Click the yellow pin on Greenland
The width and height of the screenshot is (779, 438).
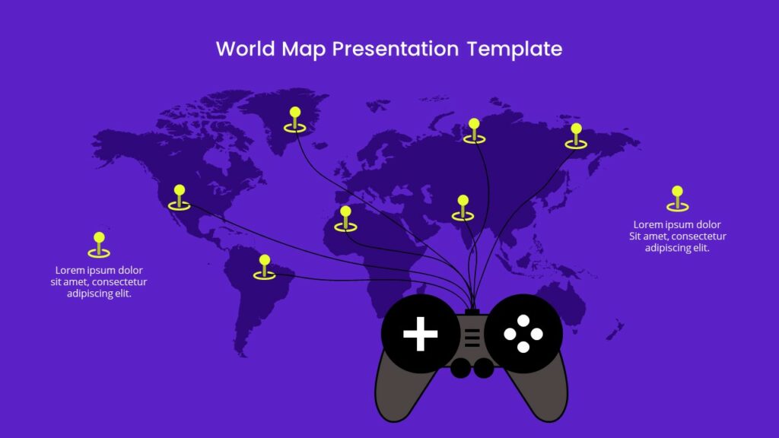[x=295, y=120]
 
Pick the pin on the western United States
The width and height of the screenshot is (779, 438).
[x=180, y=197]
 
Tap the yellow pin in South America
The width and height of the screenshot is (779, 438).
[x=265, y=267]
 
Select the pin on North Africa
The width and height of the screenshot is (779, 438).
[x=346, y=218]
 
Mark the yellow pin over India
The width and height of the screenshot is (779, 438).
[x=463, y=208]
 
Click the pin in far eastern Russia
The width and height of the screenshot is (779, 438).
[x=576, y=136]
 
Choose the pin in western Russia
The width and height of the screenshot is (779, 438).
[x=474, y=131]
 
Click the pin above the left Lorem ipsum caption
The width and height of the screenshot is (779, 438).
[x=99, y=245]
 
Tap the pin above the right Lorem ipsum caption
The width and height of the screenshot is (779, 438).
[x=677, y=198]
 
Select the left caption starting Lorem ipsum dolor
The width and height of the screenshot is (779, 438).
[x=99, y=281]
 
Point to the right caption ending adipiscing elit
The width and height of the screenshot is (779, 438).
[x=677, y=236]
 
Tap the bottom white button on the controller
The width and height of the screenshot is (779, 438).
[x=523, y=348]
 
